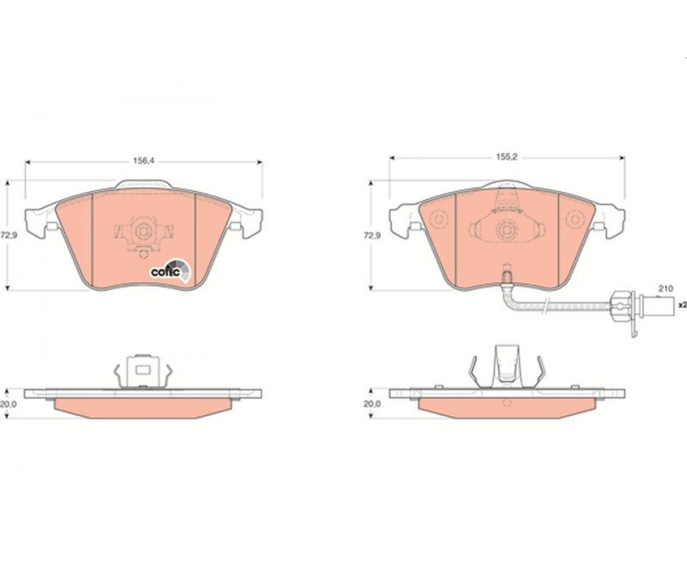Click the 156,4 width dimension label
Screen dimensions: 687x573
144,161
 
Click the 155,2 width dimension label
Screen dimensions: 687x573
507,157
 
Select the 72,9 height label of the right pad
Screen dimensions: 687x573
372,236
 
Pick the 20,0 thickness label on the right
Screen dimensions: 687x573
372,404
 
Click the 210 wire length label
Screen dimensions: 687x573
666,289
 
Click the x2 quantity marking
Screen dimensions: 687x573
682,304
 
